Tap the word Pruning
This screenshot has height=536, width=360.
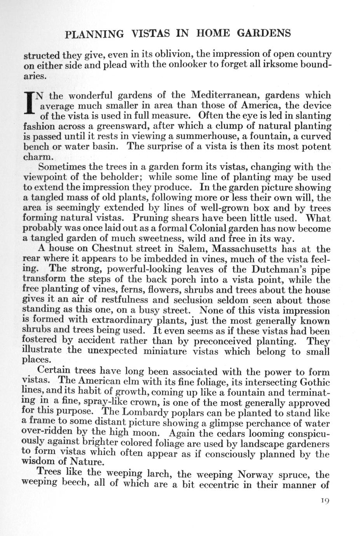tap(151, 218)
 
